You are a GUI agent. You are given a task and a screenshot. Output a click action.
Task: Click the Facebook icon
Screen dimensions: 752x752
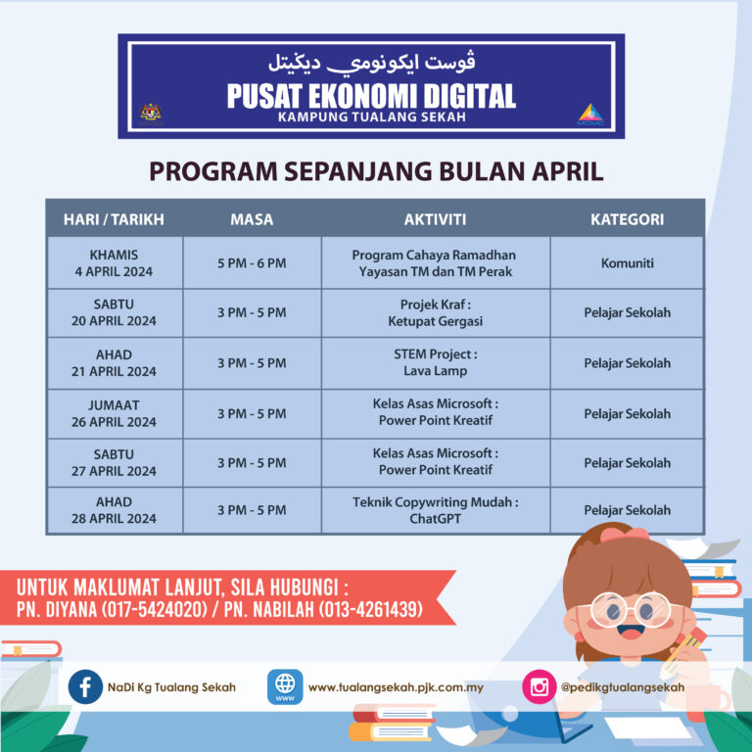[85, 686]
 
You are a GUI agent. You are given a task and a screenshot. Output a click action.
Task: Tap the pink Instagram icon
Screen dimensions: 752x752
[540, 686]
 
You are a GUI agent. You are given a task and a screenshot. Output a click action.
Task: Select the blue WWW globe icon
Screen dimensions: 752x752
[285, 686]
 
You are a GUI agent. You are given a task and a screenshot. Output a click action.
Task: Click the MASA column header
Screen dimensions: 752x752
[252, 219]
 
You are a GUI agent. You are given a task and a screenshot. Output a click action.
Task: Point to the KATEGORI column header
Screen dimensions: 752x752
[628, 219]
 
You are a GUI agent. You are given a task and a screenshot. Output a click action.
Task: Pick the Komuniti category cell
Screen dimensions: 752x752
[628, 262]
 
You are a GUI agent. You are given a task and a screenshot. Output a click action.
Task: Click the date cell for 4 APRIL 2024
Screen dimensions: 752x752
[115, 262]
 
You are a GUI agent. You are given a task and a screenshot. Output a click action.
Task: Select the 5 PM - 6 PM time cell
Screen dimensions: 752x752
[252, 262]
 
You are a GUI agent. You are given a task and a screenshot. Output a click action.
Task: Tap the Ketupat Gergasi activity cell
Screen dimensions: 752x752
[436, 312]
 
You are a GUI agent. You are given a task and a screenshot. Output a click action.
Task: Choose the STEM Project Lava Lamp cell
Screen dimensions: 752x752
[436, 362]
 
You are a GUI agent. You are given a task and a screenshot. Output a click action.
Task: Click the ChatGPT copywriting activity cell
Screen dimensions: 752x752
[436, 510]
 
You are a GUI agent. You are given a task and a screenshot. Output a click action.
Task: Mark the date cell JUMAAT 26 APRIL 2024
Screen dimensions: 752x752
[115, 413]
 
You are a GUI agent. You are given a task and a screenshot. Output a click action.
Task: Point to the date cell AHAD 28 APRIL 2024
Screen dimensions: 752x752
[115, 510]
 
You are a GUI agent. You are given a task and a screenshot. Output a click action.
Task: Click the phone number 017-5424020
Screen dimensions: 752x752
[154, 610]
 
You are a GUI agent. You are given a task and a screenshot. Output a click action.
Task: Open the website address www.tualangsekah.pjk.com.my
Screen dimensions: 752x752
[396, 687]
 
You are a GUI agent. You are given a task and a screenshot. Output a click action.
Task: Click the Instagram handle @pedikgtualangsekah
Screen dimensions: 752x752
[623, 687]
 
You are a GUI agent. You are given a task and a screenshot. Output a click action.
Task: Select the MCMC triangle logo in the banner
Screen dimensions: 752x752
[590, 115]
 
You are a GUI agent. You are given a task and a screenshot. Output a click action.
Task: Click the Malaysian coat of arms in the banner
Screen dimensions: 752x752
[151, 115]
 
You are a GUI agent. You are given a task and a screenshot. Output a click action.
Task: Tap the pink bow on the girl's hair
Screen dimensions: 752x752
[624, 535]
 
